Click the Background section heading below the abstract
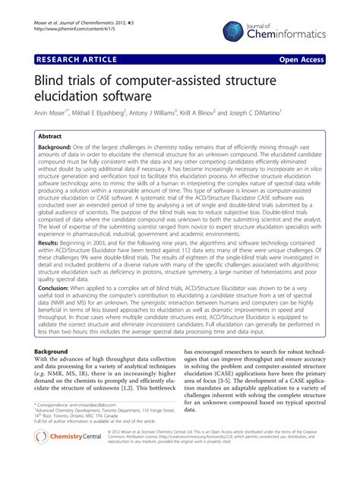(57, 352)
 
